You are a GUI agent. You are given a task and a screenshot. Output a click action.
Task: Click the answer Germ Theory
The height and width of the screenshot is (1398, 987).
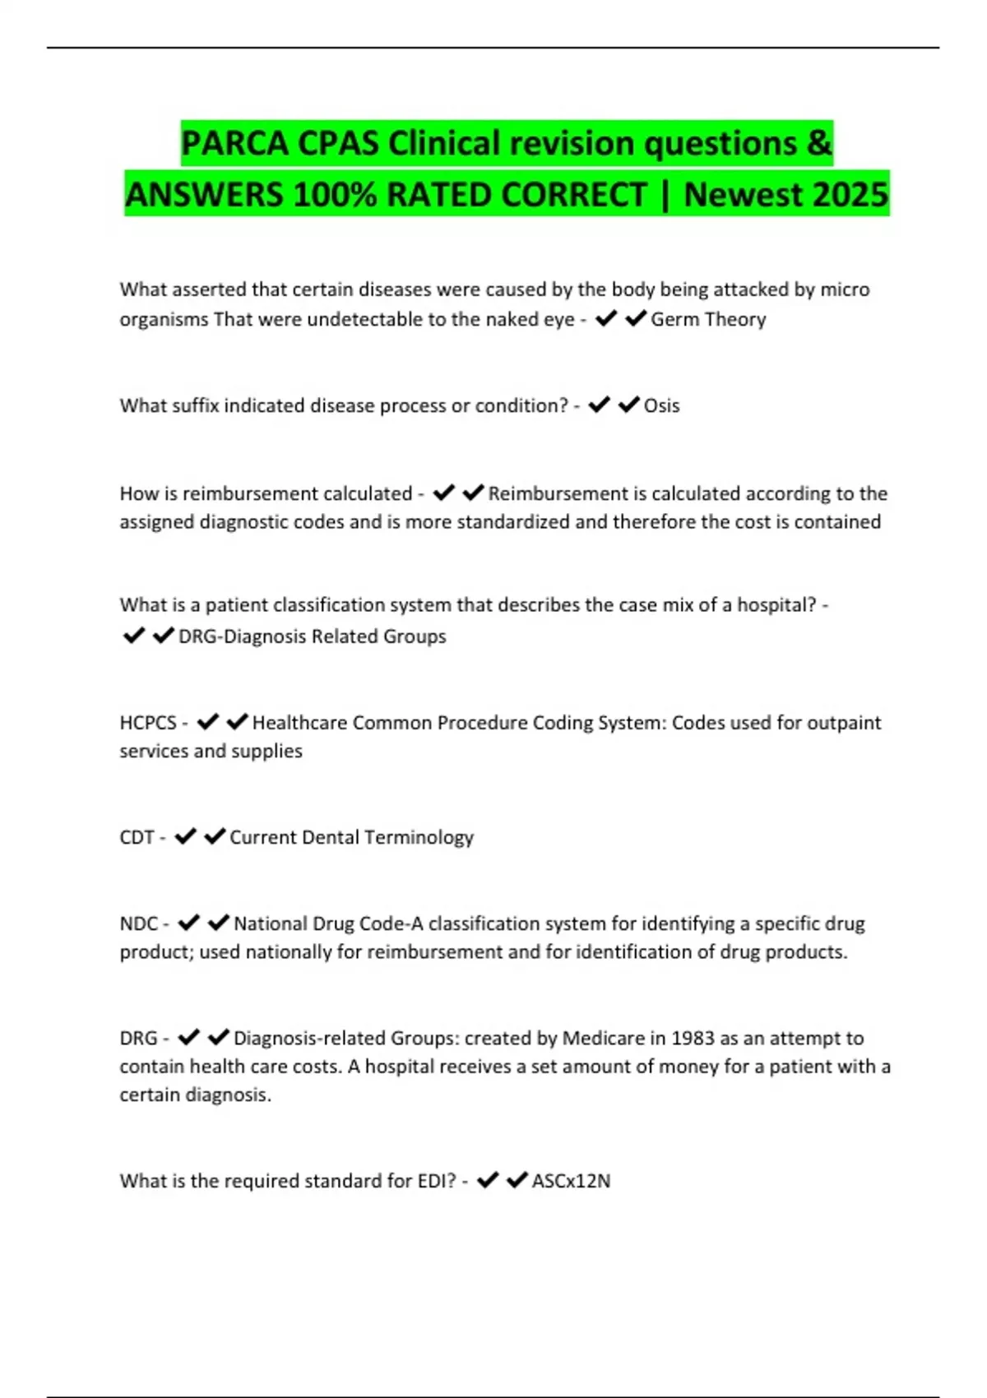pos(708,319)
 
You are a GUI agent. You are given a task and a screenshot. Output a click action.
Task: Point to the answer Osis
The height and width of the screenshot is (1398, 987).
pos(661,405)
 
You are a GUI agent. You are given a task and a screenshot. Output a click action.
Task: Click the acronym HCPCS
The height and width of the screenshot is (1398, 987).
pos(148,723)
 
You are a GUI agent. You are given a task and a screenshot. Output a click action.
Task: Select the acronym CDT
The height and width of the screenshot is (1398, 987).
pos(137,837)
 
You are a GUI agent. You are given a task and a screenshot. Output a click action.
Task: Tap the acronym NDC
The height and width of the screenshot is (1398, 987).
pos(138,924)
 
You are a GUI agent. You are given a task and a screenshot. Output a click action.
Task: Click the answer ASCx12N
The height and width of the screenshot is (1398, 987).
pos(571,1181)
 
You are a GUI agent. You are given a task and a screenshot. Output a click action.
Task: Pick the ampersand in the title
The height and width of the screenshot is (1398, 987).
pos(819,144)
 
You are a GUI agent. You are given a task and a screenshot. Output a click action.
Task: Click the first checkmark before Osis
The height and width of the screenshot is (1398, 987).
pos(599,405)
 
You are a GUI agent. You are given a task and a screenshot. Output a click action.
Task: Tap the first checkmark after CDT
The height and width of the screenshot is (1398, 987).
pos(186,836)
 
